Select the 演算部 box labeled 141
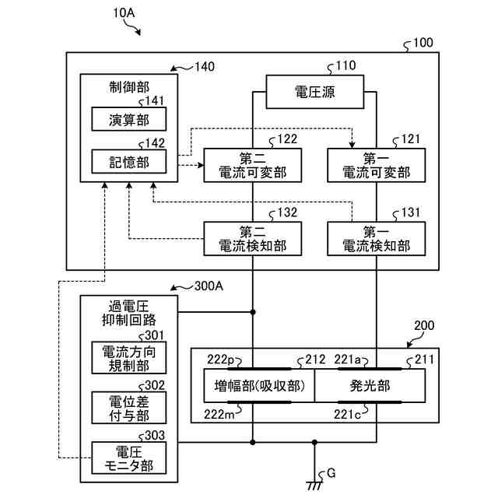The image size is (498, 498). tap(128, 119)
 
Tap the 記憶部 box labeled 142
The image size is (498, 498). tap(128, 161)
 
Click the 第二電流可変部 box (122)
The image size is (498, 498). tap(252, 164)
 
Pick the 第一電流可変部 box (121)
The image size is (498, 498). tap(377, 164)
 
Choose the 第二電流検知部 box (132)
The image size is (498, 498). tap(252, 238)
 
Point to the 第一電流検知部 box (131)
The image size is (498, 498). tap(377, 238)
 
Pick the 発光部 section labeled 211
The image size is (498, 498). tap(370, 386)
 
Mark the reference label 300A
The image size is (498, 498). tap(208, 286)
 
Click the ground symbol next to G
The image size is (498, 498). tap(314, 484)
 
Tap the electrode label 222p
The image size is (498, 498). tap(220, 359)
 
